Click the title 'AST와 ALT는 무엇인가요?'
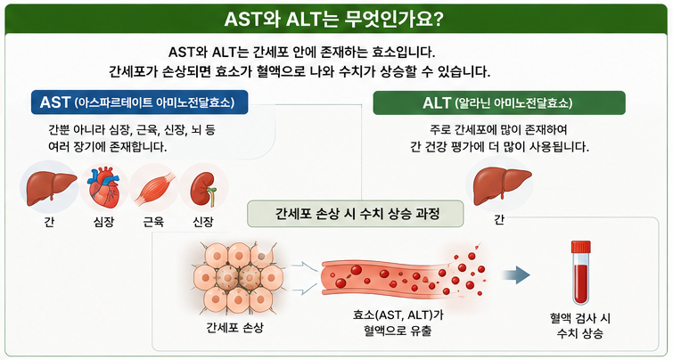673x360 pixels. coord(333,20)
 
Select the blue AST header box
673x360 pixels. coord(139,102)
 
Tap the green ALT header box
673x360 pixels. coord(499,102)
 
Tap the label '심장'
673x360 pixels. coord(103,222)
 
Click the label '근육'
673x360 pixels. coord(153,222)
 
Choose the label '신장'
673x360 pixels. coord(203,222)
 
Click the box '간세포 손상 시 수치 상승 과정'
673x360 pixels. coord(356,214)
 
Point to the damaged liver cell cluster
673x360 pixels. coord(238,277)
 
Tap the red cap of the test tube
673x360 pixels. coord(580,247)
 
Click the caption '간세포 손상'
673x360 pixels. coord(234,328)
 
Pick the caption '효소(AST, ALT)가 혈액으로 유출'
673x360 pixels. coord(398,323)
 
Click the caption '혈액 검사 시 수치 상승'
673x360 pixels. coord(580,325)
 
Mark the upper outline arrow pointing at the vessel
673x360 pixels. coord(305,266)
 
